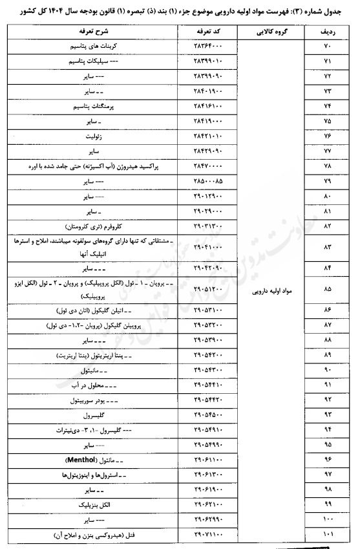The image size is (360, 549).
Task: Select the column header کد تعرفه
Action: [x=209, y=32]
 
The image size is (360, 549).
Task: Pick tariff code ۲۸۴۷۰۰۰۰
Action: [x=209, y=166]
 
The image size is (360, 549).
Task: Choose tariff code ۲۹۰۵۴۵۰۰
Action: [x=209, y=414]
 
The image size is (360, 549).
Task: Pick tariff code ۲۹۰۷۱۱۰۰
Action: [x=209, y=535]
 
